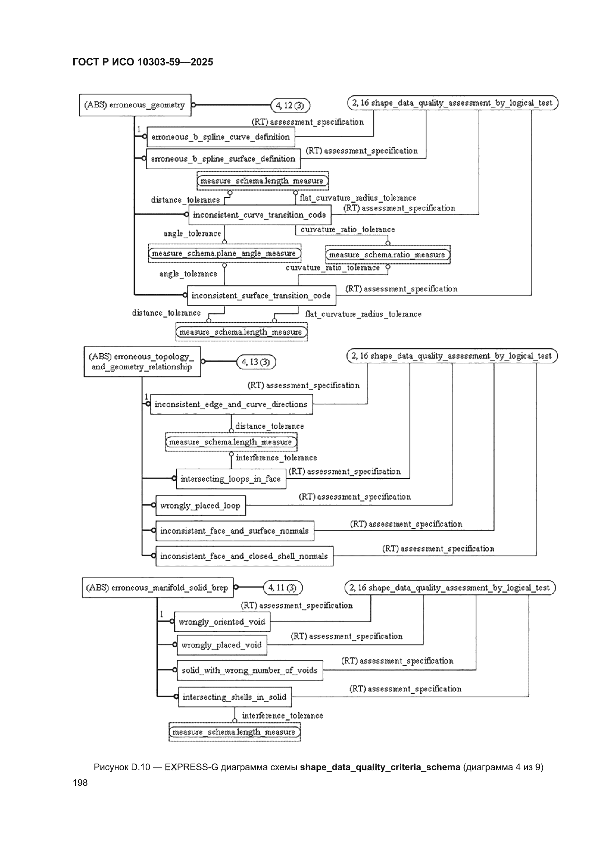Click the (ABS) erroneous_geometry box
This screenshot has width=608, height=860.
pos(135,105)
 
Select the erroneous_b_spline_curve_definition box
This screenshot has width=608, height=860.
pos(221,137)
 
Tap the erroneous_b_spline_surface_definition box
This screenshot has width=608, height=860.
pos(223,159)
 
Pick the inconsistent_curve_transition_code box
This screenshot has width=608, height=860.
pos(260,214)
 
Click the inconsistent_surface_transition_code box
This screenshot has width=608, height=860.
pos(262,295)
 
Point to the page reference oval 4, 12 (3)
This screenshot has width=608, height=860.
pos(290,105)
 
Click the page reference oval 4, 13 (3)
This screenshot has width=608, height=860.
pos(256,362)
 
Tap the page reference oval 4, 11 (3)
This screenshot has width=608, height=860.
pos(283,587)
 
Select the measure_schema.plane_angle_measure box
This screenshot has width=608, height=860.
pos(225,253)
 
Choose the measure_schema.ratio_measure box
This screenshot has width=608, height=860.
pos(388,255)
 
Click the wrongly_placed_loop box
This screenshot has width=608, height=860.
pos(201,505)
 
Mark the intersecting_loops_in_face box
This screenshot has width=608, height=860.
pos(231,479)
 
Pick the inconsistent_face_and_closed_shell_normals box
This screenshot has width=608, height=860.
pos(244,556)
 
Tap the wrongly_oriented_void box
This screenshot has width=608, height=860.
pos(222,622)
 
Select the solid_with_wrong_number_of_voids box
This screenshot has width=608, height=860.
pos(250,670)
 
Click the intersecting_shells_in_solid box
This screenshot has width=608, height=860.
pos(235,697)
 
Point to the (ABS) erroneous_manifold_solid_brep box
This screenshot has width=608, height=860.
pos(158,587)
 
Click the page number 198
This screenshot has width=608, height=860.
pos(80,782)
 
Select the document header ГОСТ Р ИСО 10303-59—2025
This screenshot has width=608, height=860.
pos(143,62)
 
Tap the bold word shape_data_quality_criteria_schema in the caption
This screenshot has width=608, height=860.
pos(380,767)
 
